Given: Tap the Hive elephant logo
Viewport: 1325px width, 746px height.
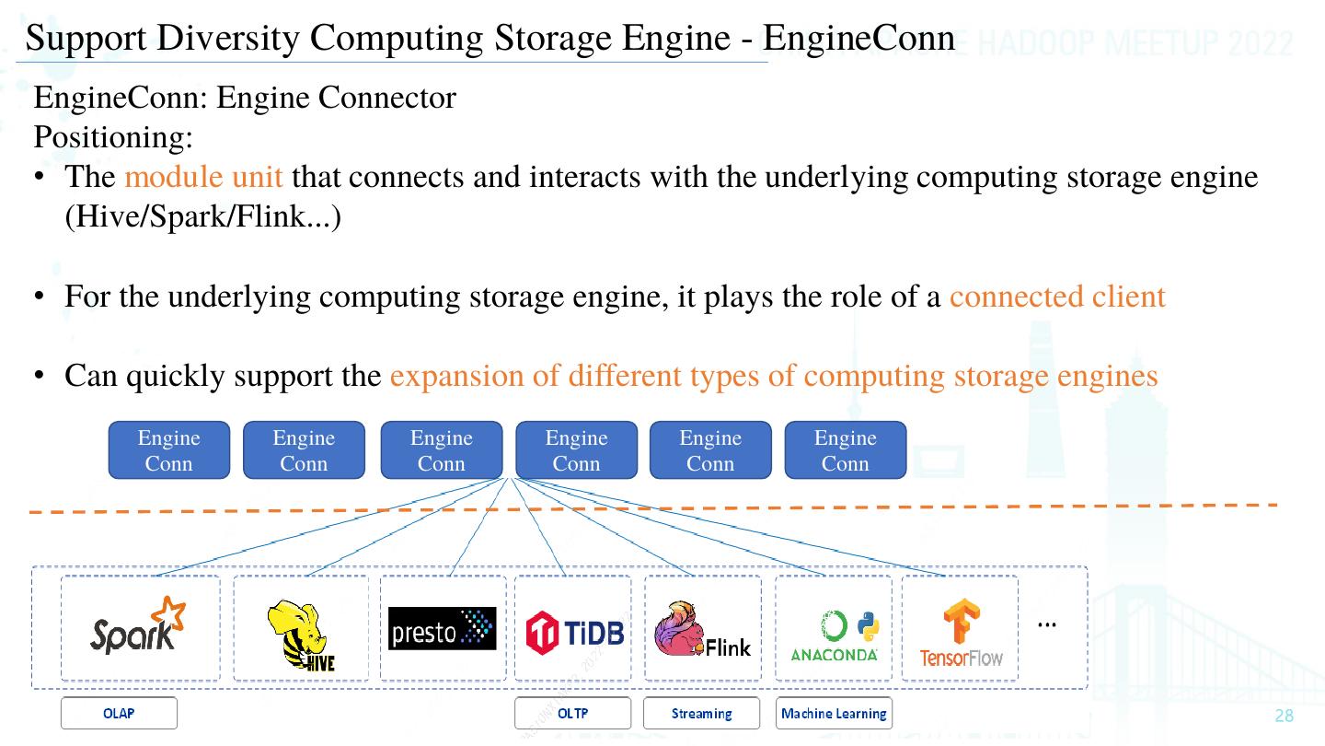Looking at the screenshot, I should tap(300, 635).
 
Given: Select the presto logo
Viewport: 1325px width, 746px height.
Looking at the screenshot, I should tap(442, 628).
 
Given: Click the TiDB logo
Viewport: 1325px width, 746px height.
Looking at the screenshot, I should tap(574, 631).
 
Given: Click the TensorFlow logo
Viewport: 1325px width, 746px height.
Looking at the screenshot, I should tap(961, 634).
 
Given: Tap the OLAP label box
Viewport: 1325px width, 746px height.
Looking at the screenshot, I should tap(119, 714).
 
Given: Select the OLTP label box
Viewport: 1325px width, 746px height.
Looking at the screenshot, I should tap(572, 714).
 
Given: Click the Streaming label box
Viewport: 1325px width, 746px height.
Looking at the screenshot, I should tap(701, 714).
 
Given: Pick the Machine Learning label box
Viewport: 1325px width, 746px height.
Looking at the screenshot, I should tap(834, 714).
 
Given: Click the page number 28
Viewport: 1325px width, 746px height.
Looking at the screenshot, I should tap(1284, 717).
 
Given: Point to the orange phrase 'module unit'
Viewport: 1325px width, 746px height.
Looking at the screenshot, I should tap(203, 176).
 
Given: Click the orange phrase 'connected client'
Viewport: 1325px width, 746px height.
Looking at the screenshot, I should tap(1057, 297).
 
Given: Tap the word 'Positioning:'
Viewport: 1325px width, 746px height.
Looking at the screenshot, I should tap(113, 137).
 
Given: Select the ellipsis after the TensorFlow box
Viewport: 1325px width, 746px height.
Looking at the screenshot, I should tap(1046, 624).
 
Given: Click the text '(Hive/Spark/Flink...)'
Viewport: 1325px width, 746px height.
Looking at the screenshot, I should tap(202, 217).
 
